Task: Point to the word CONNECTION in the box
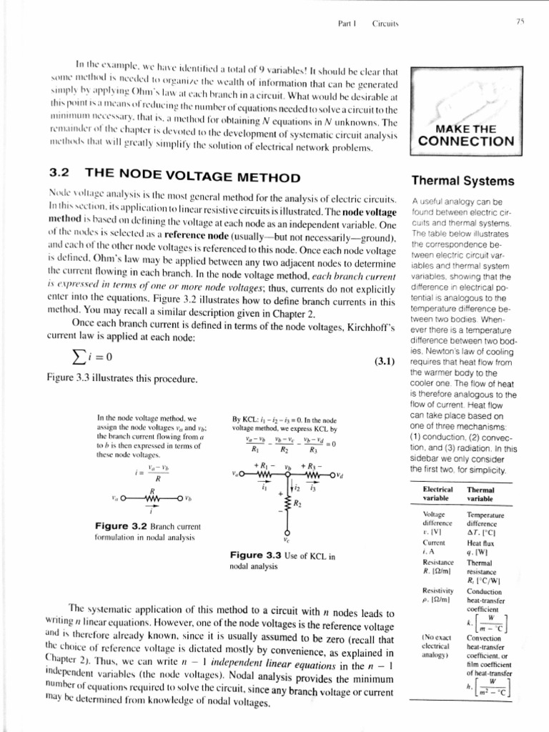click(465, 141)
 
